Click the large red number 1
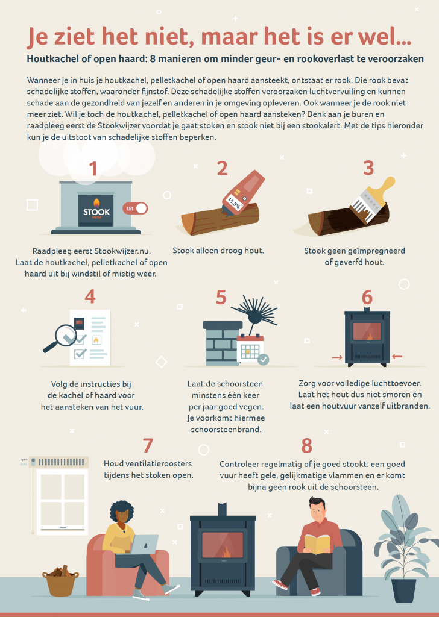tap(93, 169)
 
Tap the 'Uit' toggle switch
tap(135, 208)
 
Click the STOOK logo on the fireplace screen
tap(96, 209)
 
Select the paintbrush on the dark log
tap(371, 200)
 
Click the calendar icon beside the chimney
tap(251, 349)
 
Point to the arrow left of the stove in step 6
tap(336, 357)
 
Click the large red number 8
tap(306, 446)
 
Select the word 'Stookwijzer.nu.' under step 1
tap(122, 251)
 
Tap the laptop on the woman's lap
tap(144, 544)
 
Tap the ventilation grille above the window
tap(60, 462)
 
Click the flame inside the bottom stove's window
tap(226, 552)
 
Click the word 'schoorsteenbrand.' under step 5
tap(226, 429)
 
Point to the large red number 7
tap(148, 446)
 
